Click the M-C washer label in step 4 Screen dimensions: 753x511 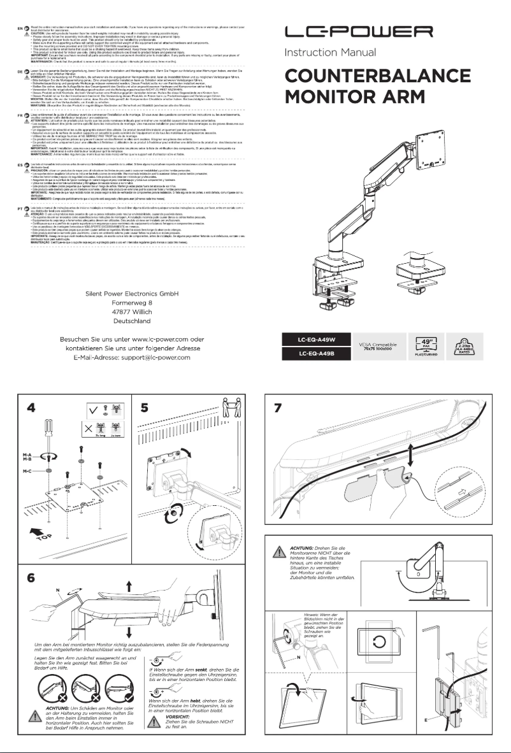pos(27,471)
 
